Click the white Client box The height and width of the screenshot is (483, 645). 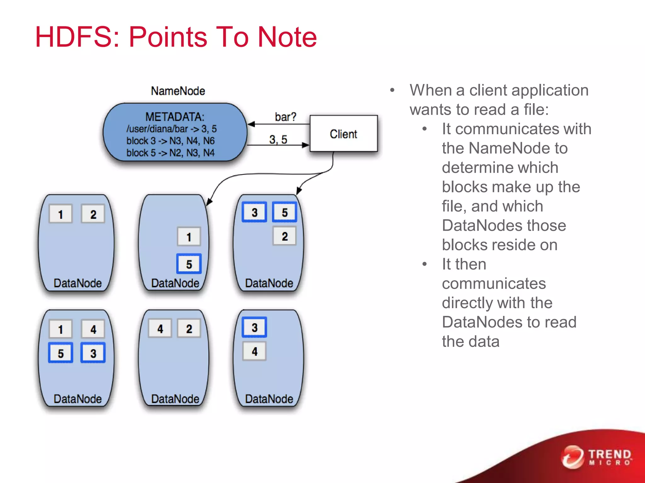[343, 134]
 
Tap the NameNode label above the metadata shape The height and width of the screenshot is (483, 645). [178, 91]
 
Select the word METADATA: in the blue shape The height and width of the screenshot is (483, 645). [174, 117]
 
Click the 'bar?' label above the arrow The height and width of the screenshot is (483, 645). [285, 117]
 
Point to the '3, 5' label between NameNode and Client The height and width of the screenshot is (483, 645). [278, 139]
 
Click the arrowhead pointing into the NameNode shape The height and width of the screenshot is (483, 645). [251, 125]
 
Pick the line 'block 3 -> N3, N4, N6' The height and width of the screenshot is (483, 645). [170, 141]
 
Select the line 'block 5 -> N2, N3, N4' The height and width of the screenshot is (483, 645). [170, 153]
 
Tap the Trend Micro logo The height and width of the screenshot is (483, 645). [597, 457]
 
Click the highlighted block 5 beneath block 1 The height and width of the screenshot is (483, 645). [189, 264]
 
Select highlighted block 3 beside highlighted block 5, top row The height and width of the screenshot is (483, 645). [254, 212]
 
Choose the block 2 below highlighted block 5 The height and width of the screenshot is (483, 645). [284, 236]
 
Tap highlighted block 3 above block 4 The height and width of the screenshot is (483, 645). [254, 327]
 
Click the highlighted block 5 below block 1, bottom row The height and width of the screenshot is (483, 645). [61, 353]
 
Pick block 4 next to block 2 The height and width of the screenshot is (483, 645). [160, 329]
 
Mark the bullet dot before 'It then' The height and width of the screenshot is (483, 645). [425, 264]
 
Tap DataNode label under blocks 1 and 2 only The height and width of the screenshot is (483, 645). [77, 283]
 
